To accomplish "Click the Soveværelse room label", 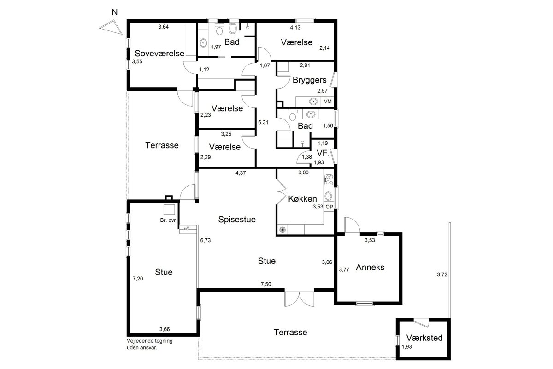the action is click(159, 54).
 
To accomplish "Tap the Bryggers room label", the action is click(309, 80).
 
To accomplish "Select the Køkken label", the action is click(302, 199).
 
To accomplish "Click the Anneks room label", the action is click(370, 267).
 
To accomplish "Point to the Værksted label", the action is click(424, 338).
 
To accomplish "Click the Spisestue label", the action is click(237, 220).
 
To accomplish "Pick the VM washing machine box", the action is click(327, 101).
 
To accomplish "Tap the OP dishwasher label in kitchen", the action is click(329, 207).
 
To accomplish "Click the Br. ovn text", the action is click(168, 220).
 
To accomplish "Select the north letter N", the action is click(115, 12).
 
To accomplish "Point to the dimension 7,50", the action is click(266, 284).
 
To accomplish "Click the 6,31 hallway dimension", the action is click(263, 122).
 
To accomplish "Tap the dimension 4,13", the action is click(295, 27).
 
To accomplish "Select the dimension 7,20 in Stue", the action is click(138, 279).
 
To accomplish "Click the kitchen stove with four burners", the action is click(329, 180).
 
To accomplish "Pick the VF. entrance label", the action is click(323, 153).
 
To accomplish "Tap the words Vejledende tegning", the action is click(150, 341).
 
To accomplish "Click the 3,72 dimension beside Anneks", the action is click(442, 274).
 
